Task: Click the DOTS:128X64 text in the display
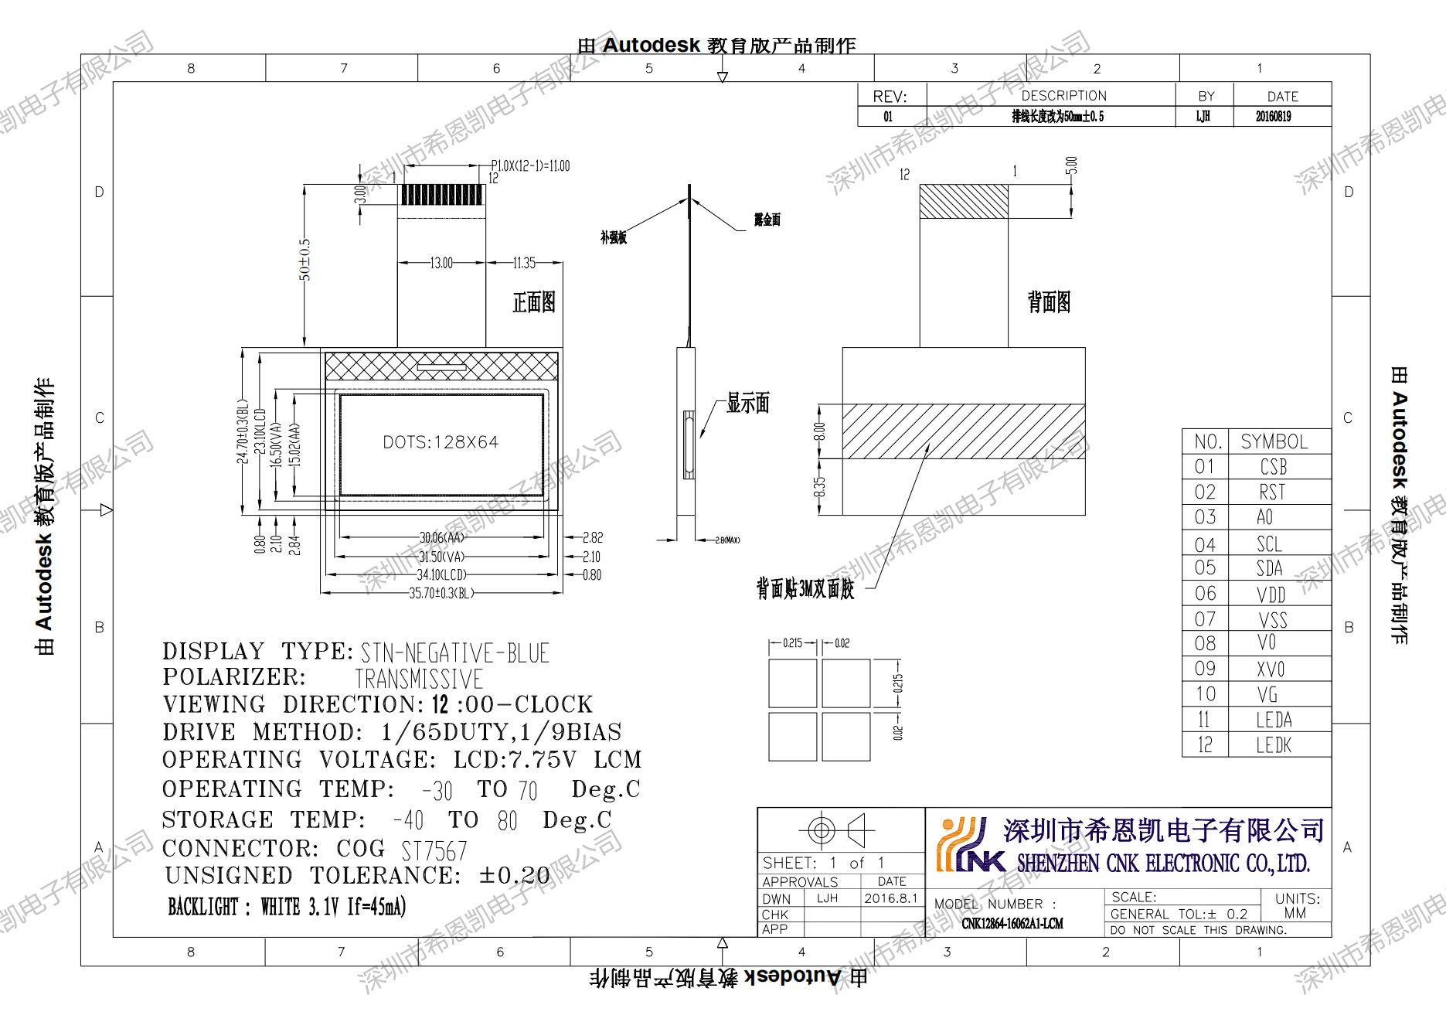point(441,442)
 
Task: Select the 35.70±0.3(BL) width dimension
point(441,593)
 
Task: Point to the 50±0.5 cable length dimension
point(305,260)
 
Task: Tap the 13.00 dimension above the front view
point(441,263)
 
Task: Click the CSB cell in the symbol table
point(1273,467)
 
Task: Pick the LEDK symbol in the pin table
point(1273,745)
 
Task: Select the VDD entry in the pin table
point(1271,594)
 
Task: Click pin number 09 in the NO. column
point(1205,669)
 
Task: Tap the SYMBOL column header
point(1274,441)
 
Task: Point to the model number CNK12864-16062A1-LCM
point(1012,923)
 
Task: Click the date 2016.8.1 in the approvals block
point(890,898)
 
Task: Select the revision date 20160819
point(1273,117)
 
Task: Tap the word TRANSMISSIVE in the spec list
point(418,680)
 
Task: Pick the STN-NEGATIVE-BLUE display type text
point(454,653)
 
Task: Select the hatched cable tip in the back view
point(963,201)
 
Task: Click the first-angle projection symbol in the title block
point(839,831)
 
